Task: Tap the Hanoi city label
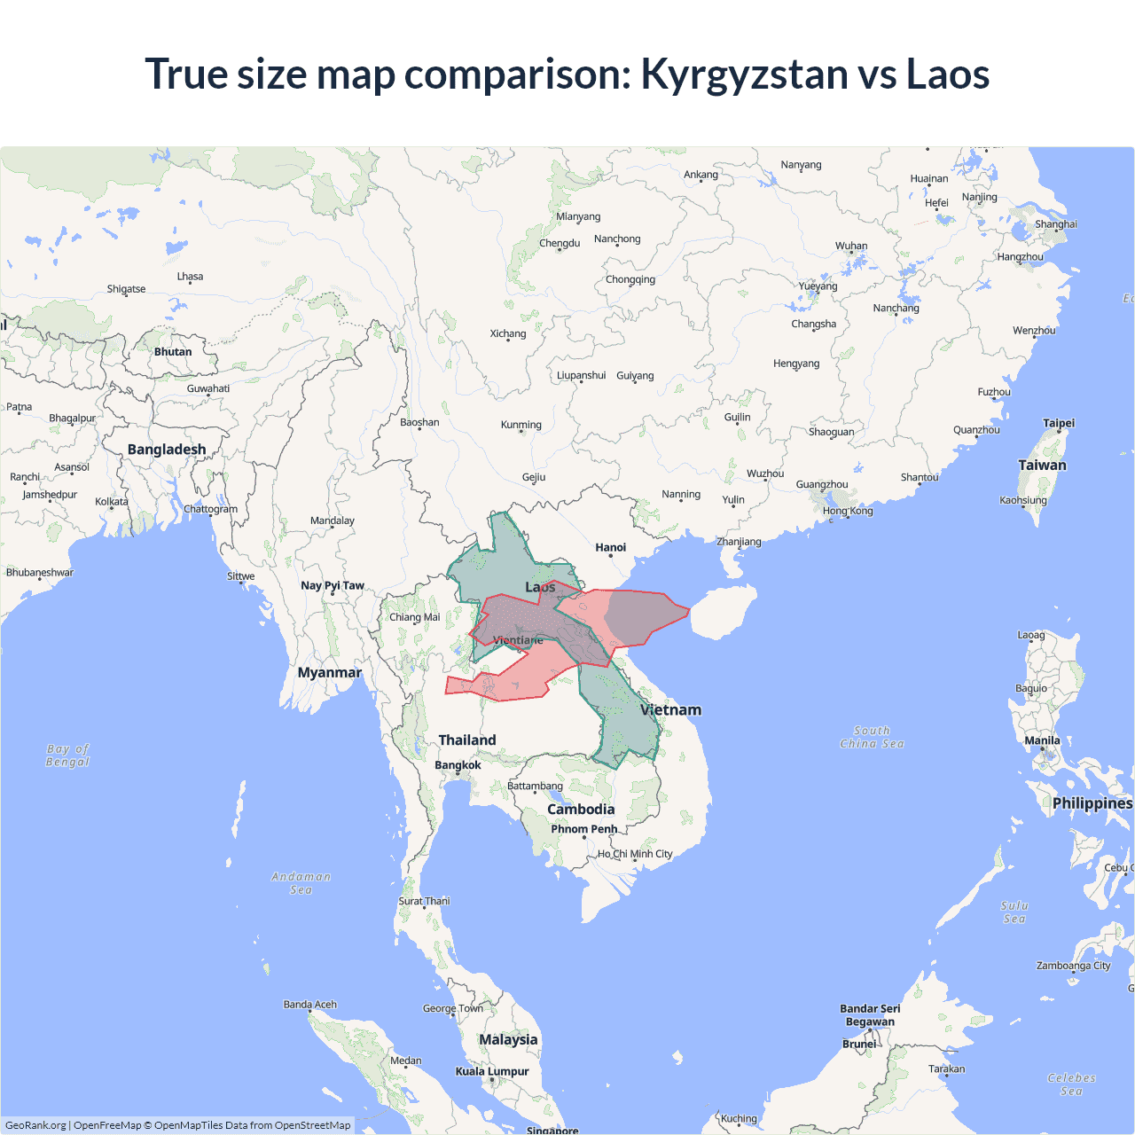pos(610,548)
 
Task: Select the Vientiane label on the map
pos(518,640)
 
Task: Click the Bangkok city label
pos(458,765)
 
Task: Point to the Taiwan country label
pos(1042,466)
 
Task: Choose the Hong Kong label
pos(848,511)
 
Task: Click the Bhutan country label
pos(173,352)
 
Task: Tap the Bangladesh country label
pos(167,450)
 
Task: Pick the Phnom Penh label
pos(583,829)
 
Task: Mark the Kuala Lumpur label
pos(492,1071)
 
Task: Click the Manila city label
pos(1042,740)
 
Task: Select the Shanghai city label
pos(1056,224)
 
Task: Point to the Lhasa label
pos(190,277)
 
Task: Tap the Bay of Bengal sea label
pos(68,755)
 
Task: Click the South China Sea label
pos(872,738)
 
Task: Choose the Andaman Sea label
pos(301,883)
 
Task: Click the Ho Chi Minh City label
pos(635,854)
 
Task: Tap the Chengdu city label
pos(560,243)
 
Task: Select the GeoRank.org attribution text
pos(35,1125)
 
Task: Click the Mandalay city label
pos(333,521)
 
